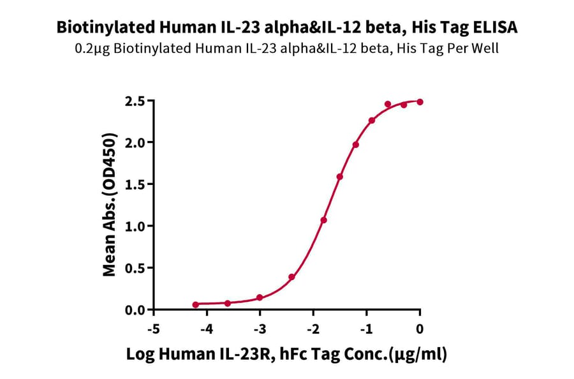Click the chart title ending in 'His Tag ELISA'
[x=287, y=27]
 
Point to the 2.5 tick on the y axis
[x=136, y=101]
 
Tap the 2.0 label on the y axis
[x=136, y=142]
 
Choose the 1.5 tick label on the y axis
[x=136, y=184]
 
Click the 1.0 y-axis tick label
[x=136, y=226]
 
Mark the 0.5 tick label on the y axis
[x=136, y=268]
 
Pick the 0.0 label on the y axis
[x=136, y=310]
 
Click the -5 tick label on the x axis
[x=152, y=328]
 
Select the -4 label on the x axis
[x=205, y=328]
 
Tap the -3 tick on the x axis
[x=259, y=328]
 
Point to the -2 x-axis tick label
[x=313, y=328]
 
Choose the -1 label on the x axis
[x=366, y=328]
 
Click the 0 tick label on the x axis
[x=420, y=328]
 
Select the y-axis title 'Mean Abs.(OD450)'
[x=110, y=205]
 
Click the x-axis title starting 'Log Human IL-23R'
[x=286, y=355]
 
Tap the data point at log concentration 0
[x=420, y=102]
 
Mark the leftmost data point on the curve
[x=195, y=305]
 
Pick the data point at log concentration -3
[x=260, y=298]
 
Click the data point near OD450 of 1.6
[x=339, y=177]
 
